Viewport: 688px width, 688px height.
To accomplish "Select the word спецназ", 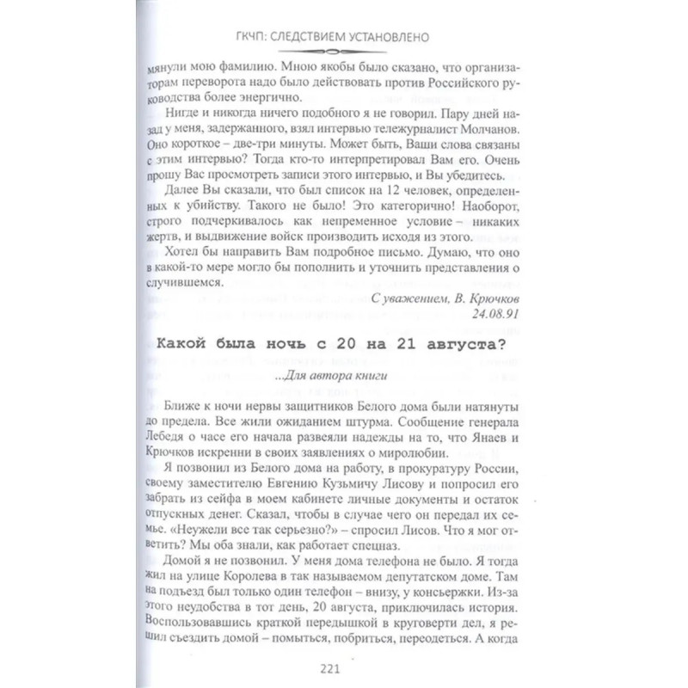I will tap(373, 544).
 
